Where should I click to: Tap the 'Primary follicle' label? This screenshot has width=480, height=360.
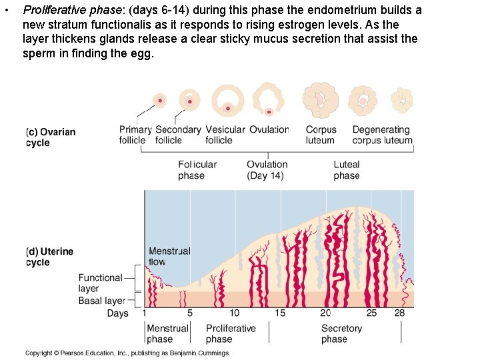click(x=135, y=135)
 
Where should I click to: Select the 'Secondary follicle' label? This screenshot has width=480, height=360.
click(x=178, y=135)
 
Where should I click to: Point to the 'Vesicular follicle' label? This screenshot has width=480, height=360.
click(x=225, y=135)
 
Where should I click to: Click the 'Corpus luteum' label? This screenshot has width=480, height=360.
click(x=321, y=135)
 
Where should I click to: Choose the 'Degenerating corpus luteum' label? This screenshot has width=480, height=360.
click(x=382, y=135)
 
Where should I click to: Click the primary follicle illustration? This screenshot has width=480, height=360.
click(x=159, y=101)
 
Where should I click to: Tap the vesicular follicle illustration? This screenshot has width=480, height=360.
click(x=229, y=101)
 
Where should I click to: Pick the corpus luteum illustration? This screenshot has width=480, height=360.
click(x=321, y=100)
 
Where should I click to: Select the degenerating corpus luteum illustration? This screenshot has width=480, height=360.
click(x=402, y=100)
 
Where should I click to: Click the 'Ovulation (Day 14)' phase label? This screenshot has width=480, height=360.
click(x=267, y=170)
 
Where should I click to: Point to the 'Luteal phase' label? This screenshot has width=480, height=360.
click(x=347, y=170)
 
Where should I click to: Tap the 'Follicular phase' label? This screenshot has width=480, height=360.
click(x=197, y=170)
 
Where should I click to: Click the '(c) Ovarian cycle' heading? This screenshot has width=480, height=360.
click(x=51, y=137)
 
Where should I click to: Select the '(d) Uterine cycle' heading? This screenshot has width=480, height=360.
click(x=49, y=257)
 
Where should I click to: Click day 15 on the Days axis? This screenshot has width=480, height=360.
click(x=280, y=313)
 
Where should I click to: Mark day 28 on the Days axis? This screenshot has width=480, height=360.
click(x=399, y=313)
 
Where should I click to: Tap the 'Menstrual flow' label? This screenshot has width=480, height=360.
click(x=169, y=257)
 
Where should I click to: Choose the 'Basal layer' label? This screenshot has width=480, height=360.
click(x=102, y=301)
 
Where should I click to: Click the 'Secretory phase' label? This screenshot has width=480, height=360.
click(x=341, y=333)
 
